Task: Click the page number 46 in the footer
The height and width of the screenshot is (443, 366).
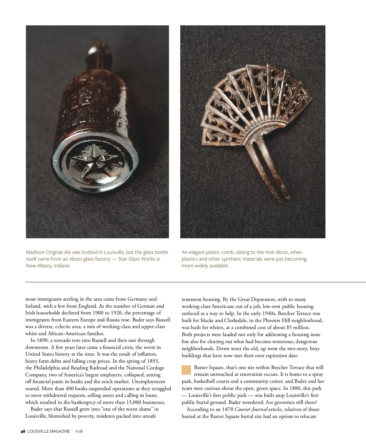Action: [x=23, y=431]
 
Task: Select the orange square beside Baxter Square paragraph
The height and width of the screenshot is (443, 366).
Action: [x=186, y=370]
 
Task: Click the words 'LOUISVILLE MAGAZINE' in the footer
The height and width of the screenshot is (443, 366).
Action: [x=48, y=431]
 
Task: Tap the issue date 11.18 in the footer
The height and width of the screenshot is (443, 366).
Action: [x=79, y=431]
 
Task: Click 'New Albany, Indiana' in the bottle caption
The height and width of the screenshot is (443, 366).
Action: [x=48, y=266]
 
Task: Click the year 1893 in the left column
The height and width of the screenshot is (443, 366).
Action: [x=153, y=361]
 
